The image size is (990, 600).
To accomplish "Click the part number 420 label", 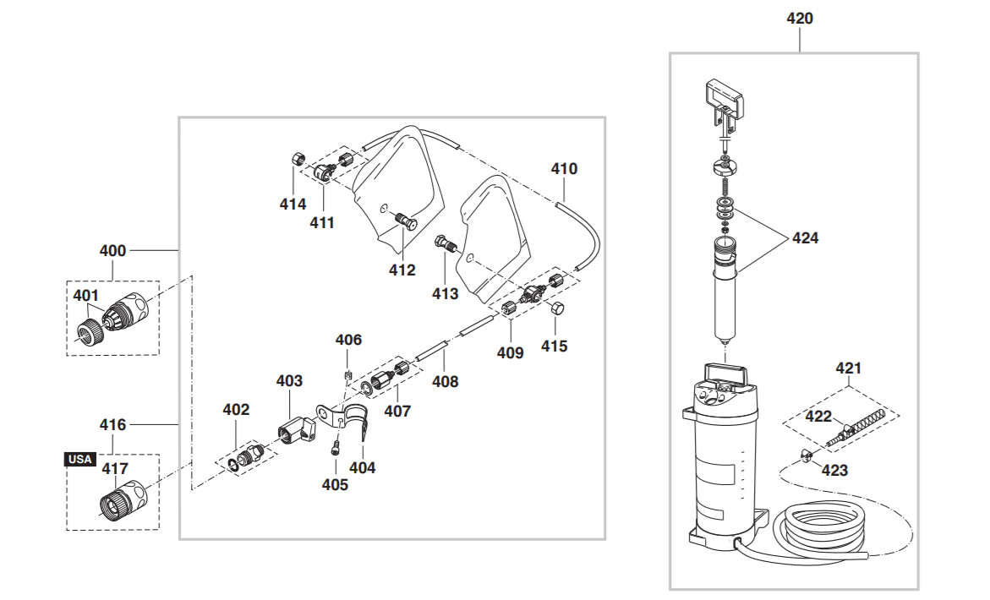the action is tap(799, 19).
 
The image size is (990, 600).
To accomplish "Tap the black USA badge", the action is tap(80, 460).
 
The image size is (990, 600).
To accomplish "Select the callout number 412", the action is tap(402, 270).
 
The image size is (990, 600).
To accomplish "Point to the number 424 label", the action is tap(805, 237).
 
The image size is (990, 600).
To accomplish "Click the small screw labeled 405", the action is tap(336, 449).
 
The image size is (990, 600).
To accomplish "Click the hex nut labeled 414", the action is tap(298, 158).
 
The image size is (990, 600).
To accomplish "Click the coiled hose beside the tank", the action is tap(819, 529).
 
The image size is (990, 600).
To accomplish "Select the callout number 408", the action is tap(446, 382).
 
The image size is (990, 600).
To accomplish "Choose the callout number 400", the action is tap(113, 250).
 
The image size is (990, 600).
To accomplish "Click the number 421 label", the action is tap(849, 368).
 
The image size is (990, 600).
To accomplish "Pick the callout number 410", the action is tap(564, 169).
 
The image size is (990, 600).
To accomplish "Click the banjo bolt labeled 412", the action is tap(405, 221).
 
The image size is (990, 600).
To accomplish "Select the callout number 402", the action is tap(236, 410).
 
